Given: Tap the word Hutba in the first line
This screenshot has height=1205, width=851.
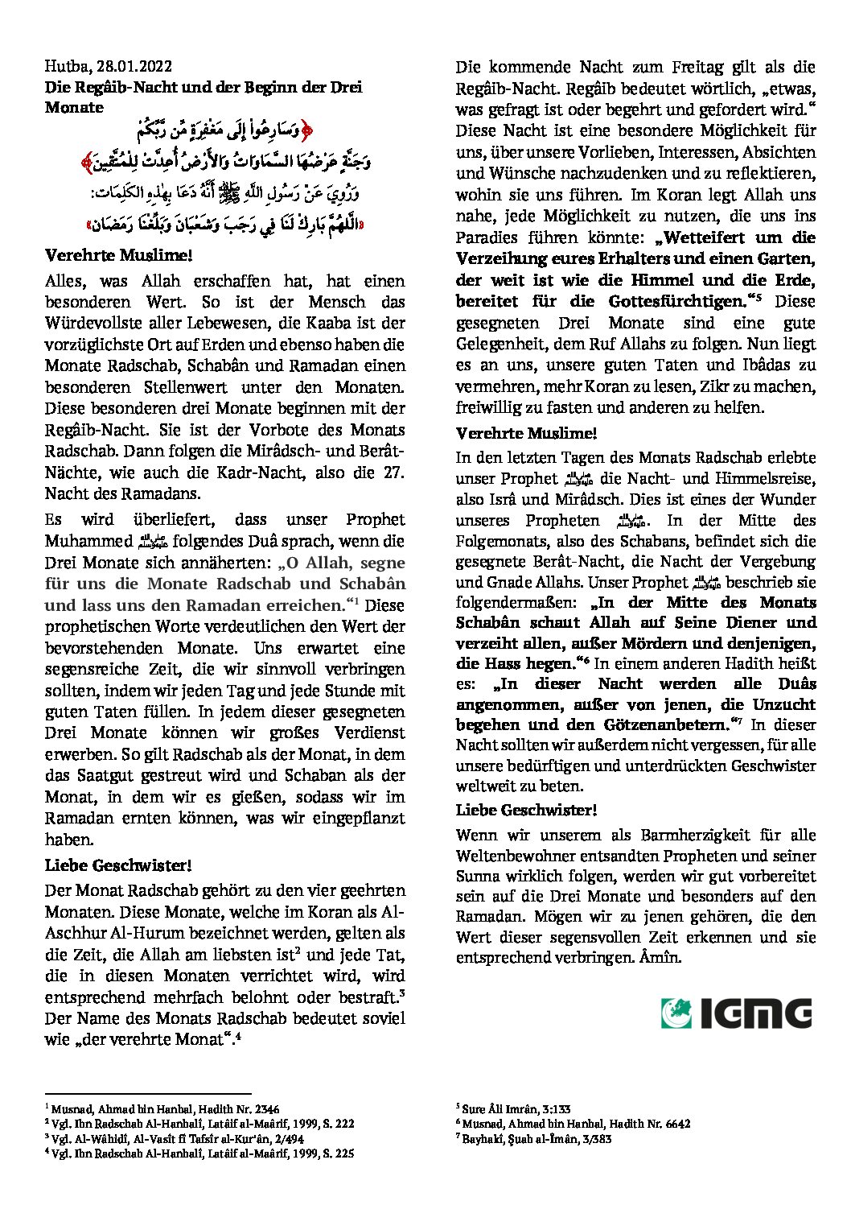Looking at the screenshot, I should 67,67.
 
